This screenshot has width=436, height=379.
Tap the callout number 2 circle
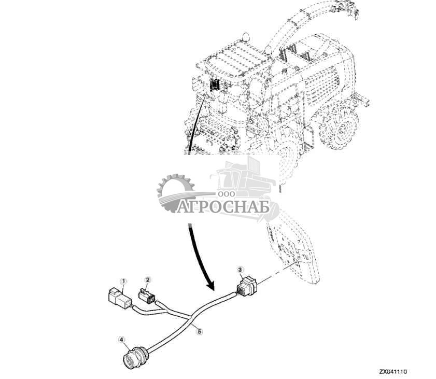click(148, 280)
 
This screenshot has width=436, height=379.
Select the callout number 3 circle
click(240, 269)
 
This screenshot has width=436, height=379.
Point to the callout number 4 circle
click(121, 340)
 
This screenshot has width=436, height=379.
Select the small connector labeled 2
click(147, 297)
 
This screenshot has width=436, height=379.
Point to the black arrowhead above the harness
click(209, 285)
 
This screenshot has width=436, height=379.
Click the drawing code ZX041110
click(393, 372)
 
